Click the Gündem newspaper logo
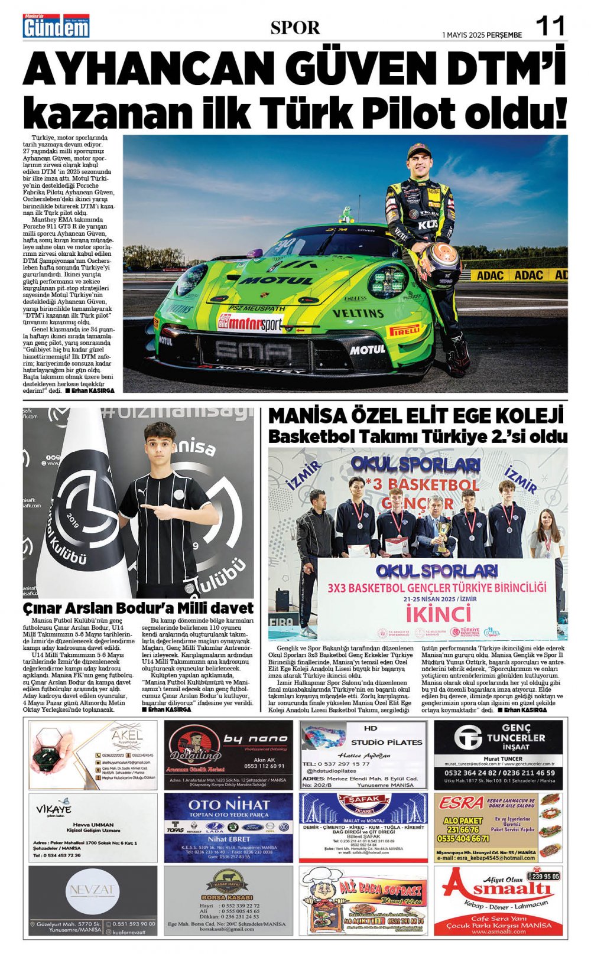tap(56, 27)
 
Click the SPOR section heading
tap(295, 28)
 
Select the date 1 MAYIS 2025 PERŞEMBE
tap(482, 35)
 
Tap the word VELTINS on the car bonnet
tap(358, 313)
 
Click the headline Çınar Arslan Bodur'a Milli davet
tap(138, 608)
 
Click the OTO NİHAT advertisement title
tap(229, 805)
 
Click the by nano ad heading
tap(255, 738)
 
